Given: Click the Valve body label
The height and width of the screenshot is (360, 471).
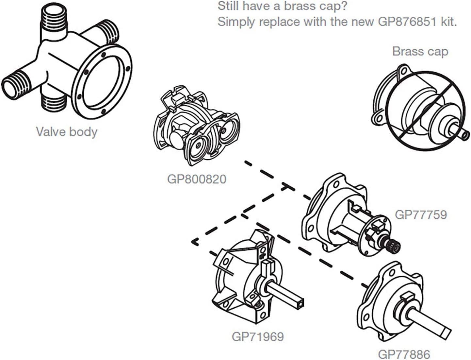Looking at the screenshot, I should coord(67,131).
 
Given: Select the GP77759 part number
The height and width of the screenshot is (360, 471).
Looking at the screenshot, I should coord(421,214).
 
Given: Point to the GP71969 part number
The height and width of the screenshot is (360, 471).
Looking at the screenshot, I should coord(258,336).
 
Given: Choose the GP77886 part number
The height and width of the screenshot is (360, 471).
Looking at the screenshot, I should coord(404,354).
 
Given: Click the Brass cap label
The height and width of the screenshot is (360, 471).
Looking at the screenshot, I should coord(420,51).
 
